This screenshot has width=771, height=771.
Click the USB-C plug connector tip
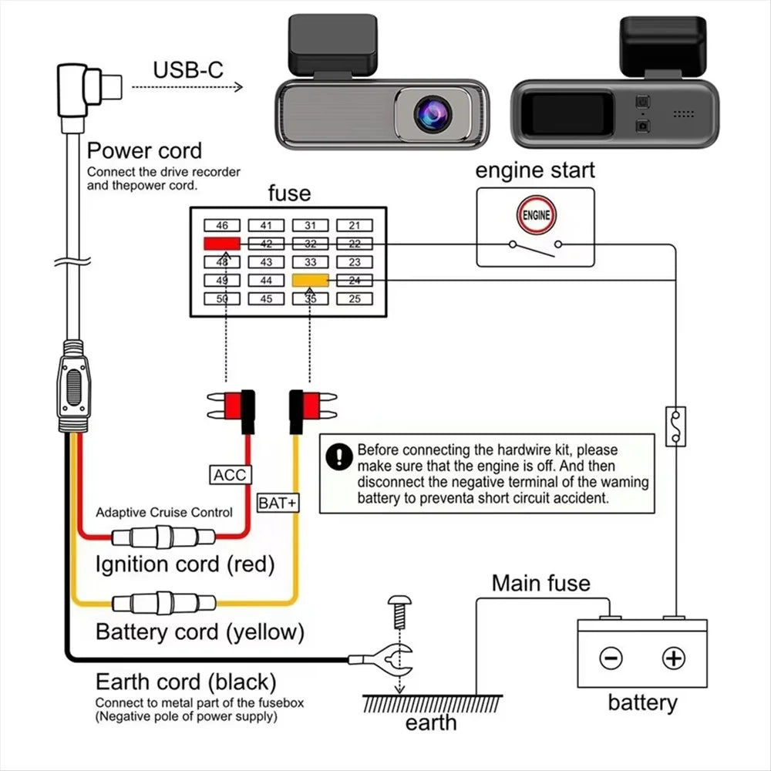tap(111, 86)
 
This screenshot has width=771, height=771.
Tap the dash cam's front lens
tap(433, 113)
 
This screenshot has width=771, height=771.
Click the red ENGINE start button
tap(536, 215)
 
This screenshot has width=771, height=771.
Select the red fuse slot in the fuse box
tap(222, 244)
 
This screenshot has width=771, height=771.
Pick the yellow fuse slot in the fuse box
tap(310, 281)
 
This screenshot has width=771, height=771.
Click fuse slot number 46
tap(222, 225)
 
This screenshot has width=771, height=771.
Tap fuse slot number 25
tap(355, 298)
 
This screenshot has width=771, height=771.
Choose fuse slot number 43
tap(266, 262)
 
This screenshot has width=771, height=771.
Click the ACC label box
tap(230, 475)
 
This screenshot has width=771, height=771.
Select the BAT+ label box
tap(278, 503)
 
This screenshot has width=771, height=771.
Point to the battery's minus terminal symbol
tap(611, 658)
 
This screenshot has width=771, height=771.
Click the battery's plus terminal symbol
tap(674, 658)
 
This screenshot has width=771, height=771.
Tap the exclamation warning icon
tap(339, 456)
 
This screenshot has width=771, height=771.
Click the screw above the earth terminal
tap(399, 612)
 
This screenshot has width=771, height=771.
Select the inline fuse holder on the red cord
tap(163, 537)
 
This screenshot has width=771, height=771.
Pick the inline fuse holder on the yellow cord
tap(163, 603)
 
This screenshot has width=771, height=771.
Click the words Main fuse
tap(541, 583)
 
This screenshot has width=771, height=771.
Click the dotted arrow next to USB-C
tap(187, 87)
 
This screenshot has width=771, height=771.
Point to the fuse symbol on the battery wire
tap(675, 426)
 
